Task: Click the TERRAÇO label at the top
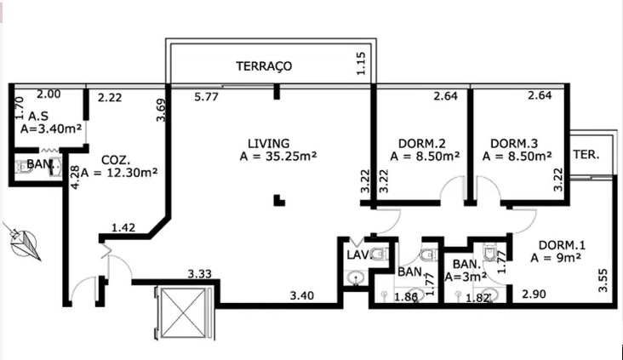(264, 66)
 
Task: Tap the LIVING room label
(268, 143)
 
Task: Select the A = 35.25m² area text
(278, 157)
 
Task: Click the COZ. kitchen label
(115, 159)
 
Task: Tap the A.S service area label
(38, 117)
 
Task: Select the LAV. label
(357, 254)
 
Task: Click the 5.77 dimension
(207, 98)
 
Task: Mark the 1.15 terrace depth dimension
(361, 66)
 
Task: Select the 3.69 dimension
(160, 111)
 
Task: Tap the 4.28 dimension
(75, 176)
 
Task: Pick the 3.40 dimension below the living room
(303, 295)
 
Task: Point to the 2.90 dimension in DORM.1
(534, 294)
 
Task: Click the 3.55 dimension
(603, 281)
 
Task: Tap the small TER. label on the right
(587, 155)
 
